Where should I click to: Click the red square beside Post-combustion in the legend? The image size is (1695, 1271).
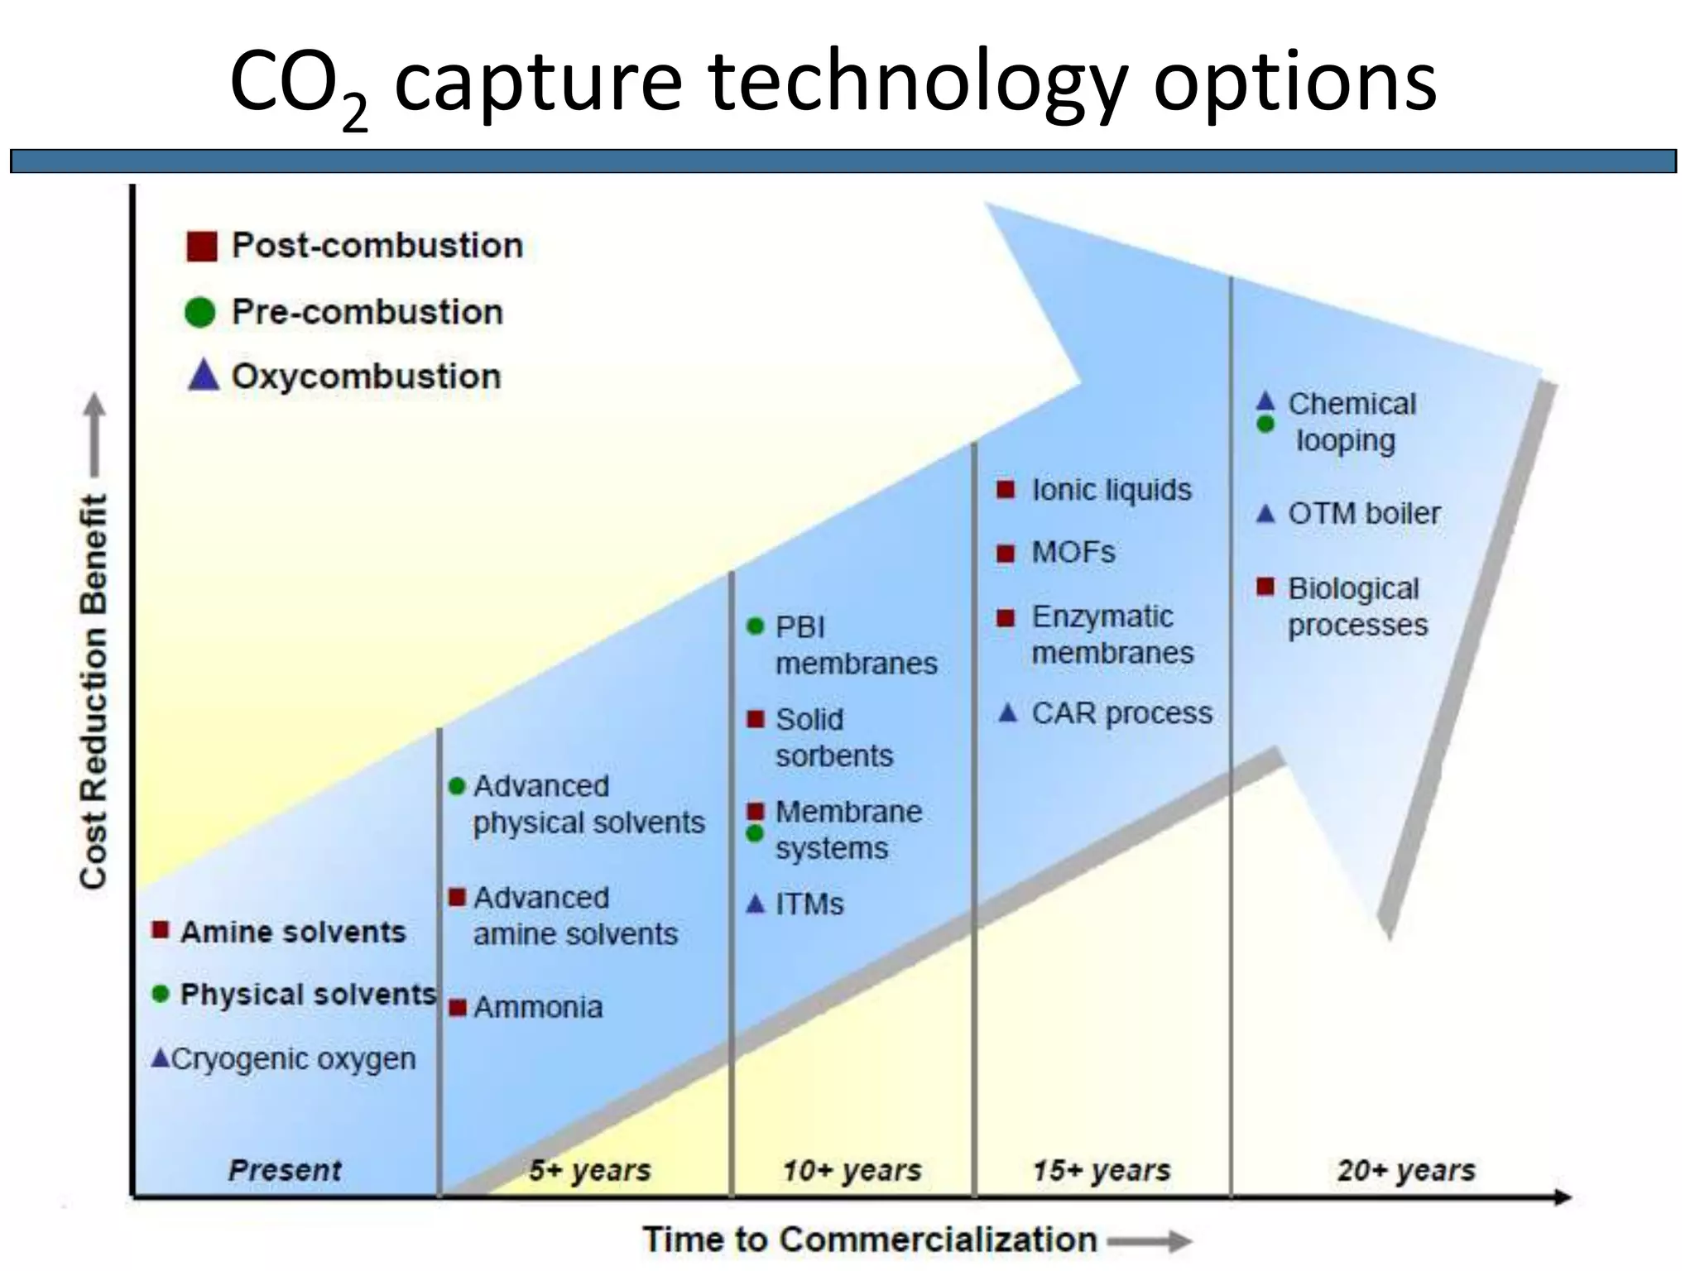pyautogui.click(x=202, y=246)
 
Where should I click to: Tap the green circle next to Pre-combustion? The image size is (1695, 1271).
pyautogui.click(x=200, y=312)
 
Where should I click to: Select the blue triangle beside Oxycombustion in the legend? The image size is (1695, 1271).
pyautogui.click(x=204, y=375)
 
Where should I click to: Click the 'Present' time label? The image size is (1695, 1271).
pyautogui.click(x=285, y=1170)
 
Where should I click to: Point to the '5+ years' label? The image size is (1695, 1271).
pyautogui.click(x=590, y=1170)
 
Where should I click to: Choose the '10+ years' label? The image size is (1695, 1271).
pyautogui.click(x=852, y=1170)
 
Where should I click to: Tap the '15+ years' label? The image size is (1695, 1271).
pyautogui.click(x=1102, y=1170)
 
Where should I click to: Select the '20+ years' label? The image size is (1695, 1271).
pyautogui.click(x=1407, y=1170)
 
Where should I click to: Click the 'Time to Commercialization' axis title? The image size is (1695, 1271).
pyautogui.click(x=871, y=1240)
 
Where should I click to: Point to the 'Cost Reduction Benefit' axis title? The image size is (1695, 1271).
pyautogui.click(x=94, y=692)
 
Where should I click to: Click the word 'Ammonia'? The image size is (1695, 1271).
pyautogui.click(x=538, y=1007)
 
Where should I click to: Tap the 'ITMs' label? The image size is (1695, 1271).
pyautogui.click(x=809, y=904)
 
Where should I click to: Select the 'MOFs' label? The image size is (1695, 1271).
pyautogui.click(x=1073, y=552)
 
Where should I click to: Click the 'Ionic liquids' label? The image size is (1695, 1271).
pyautogui.click(x=1112, y=490)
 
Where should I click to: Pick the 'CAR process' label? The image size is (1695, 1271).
pyautogui.click(x=1121, y=712)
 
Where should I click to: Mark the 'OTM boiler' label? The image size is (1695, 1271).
pyautogui.click(x=1364, y=513)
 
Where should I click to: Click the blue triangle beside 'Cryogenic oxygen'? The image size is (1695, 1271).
pyautogui.click(x=161, y=1058)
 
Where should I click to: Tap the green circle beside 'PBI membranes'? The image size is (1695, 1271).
pyautogui.click(x=755, y=626)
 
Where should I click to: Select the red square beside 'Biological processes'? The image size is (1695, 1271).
pyautogui.click(x=1265, y=587)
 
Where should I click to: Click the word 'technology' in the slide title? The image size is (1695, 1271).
pyautogui.click(x=918, y=81)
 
